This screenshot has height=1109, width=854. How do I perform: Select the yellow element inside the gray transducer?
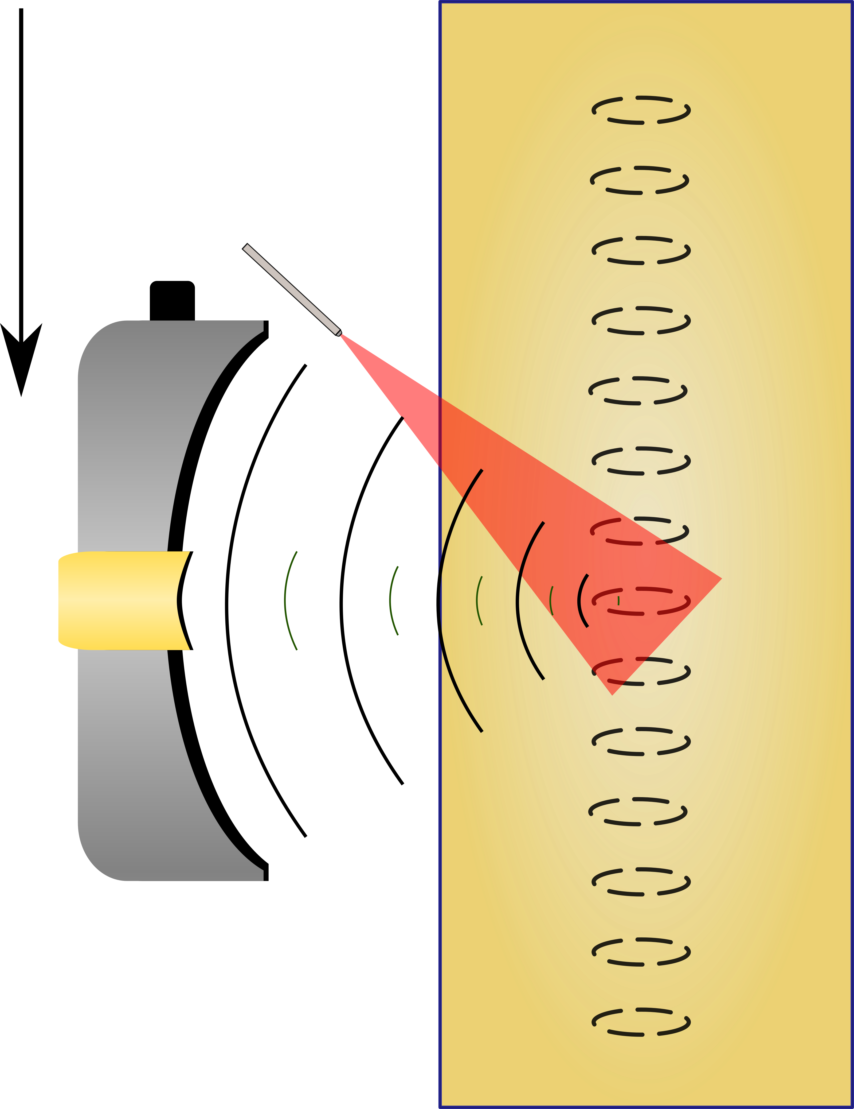[122, 600]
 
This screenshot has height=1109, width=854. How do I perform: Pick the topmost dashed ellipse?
[641, 110]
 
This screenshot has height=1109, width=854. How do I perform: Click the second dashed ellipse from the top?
[639, 180]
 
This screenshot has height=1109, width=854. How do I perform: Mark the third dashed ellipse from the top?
[641, 250]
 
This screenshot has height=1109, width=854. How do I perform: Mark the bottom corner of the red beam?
[613, 693]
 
